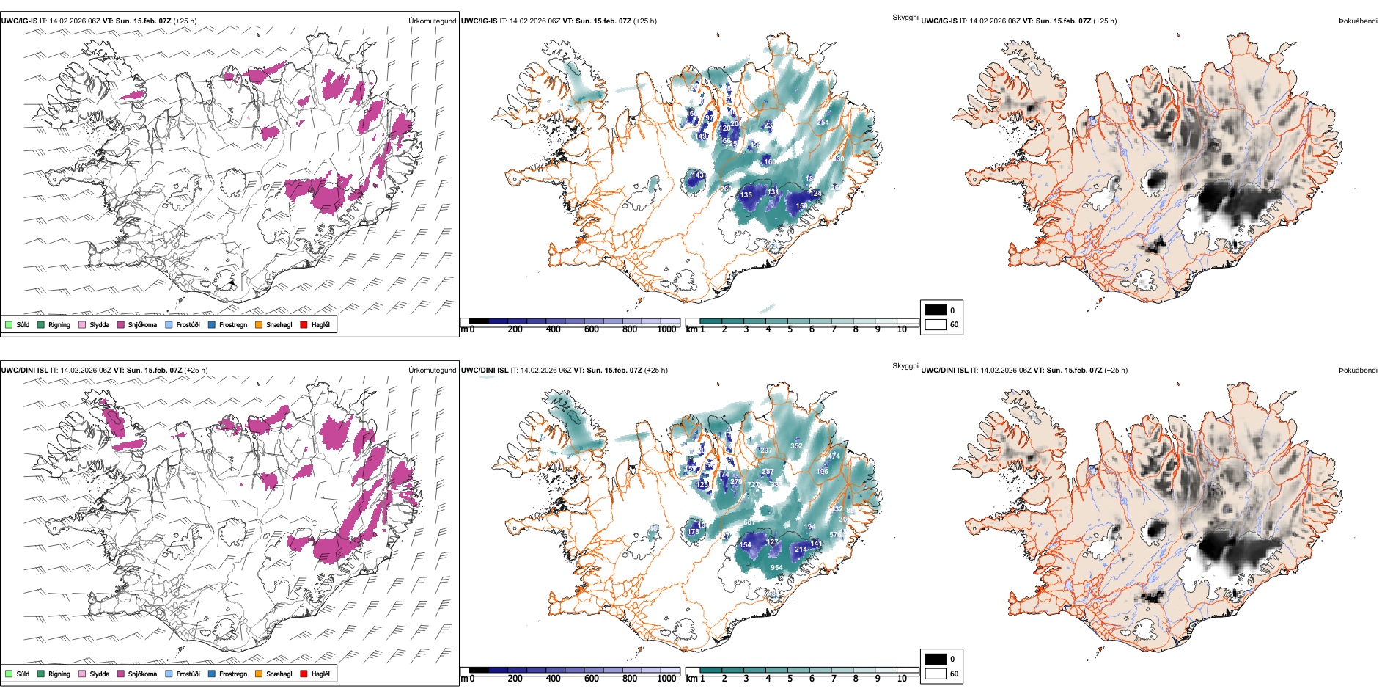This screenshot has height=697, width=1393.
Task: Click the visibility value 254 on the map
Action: pyautogui.click(x=823, y=123)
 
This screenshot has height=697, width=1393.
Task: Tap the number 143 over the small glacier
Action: pyautogui.click(x=697, y=175)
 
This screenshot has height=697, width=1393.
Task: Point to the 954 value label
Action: pyautogui.click(x=776, y=568)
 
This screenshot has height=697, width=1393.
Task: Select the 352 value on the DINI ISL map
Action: pyautogui.click(x=796, y=445)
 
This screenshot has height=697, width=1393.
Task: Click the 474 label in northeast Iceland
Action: pyautogui.click(x=834, y=456)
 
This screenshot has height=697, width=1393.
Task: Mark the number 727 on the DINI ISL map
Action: pyautogui.click(x=753, y=485)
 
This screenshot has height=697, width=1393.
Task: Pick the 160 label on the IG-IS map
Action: pyautogui.click(x=770, y=161)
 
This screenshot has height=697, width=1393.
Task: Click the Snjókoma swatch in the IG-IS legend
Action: pyautogui.click(x=121, y=324)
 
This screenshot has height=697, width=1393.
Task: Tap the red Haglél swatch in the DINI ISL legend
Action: pyautogui.click(x=304, y=674)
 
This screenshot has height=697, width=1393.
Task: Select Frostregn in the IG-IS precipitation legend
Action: pyautogui.click(x=212, y=324)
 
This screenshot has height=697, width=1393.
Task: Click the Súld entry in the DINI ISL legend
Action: pyautogui.click(x=9, y=674)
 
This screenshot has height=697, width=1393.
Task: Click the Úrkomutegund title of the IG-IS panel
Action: pyautogui.click(x=432, y=21)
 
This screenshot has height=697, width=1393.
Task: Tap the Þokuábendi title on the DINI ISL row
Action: pyautogui.click(x=1357, y=371)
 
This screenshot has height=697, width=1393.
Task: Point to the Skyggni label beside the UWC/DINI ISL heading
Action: pyautogui.click(x=905, y=365)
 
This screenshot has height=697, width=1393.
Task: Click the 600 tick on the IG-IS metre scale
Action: pyautogui.click(x=591, y=330)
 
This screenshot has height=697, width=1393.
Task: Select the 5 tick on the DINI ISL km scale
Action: pyautogui.click(x=790, y=679)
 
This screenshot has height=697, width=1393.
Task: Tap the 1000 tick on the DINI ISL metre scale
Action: pyautogui.click(x=666, y=679)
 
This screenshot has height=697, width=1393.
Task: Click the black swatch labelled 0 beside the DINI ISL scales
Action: pyautogui.click(x=936, y=659)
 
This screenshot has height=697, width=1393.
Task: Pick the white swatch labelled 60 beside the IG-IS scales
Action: pyautogui.click(x=936, y=324)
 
